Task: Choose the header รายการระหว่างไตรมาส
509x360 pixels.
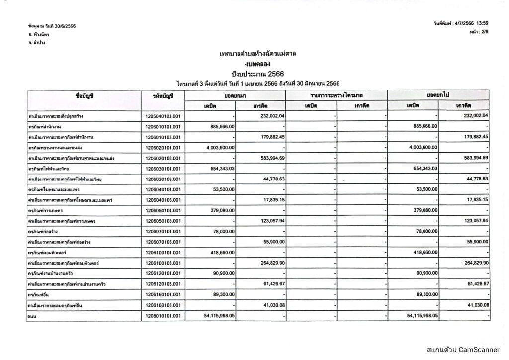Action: pyautogui.click(x=337, y=95)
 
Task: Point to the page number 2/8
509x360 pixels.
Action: pyautogui.click(x=483, y=31)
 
